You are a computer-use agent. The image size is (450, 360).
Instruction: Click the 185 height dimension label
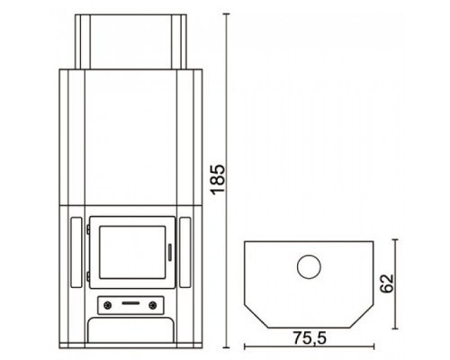click(x=218, y=179)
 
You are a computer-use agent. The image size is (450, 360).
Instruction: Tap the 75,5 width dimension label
click(x=310, y=337)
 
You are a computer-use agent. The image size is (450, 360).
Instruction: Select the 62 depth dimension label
click(x=386, y=283)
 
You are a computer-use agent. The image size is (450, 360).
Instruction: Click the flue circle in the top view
click(x=309, y=266)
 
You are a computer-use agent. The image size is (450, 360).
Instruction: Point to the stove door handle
click(x=170, y=252)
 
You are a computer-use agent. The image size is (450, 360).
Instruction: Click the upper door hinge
click(x=88, y=229)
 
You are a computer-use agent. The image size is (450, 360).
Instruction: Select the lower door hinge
click(x=88, y=276)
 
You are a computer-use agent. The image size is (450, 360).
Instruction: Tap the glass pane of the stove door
click(x=132, y=252)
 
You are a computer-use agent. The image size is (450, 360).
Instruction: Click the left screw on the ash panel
click(x=108, y=306)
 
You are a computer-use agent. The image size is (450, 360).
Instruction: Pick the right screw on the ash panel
click(x=153, y=306)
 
